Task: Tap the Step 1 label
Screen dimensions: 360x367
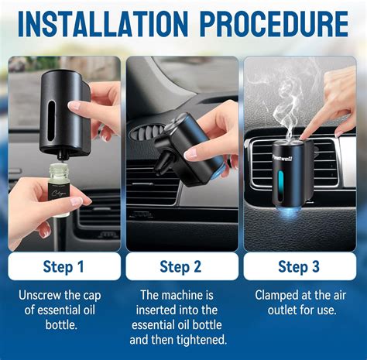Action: point(63,266)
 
